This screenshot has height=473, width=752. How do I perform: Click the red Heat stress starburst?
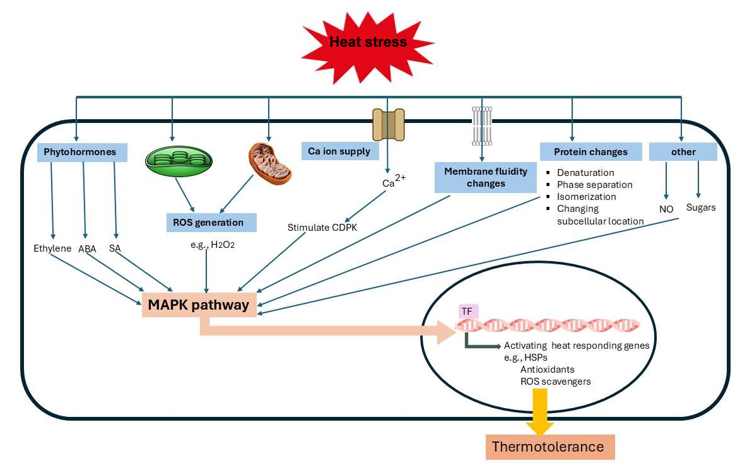pos(368,43)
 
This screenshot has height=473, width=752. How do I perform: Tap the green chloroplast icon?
pos(176,161)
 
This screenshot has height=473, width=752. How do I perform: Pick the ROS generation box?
pos(208,222)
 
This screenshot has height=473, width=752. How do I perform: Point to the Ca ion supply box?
pos(339,151)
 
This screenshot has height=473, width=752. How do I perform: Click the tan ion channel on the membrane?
pos(388,124)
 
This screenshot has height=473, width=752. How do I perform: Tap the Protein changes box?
pos(590,152)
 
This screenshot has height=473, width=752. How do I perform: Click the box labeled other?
pos(683,152)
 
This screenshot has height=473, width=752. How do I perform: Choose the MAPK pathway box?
pos(198,305)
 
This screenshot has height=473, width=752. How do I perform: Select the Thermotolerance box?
pos(548,447)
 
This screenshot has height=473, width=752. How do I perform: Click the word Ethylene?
pos(52,248)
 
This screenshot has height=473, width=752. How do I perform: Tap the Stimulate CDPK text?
pos(322,228)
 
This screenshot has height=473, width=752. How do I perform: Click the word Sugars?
pos(701,207)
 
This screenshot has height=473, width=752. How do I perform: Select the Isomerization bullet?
pos(586,197)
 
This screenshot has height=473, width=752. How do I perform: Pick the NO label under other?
pos(666,209)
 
